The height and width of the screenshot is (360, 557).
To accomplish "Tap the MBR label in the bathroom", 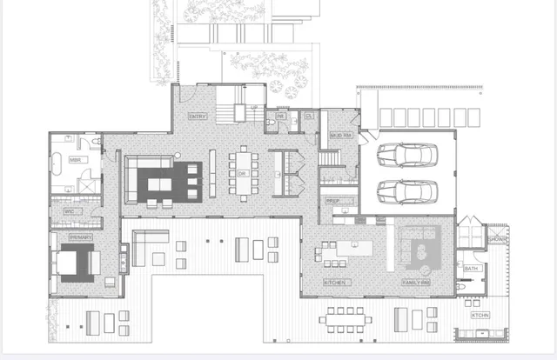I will (76, 160).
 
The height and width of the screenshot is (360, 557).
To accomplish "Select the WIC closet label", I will (69, 211).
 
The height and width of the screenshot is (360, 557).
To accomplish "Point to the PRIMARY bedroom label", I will (81, 237).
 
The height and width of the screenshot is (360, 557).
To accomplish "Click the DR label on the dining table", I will (242, 173).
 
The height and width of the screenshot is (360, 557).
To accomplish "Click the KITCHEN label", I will (337, 283).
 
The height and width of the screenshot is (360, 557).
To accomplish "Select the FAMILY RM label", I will (418, 283).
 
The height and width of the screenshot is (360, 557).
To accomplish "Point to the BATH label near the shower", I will (471, 269).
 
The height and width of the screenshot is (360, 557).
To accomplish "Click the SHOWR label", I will (497, 239).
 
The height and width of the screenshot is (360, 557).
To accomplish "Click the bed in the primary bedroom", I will (76, 261).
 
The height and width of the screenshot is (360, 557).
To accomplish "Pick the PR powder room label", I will (281, 116).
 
